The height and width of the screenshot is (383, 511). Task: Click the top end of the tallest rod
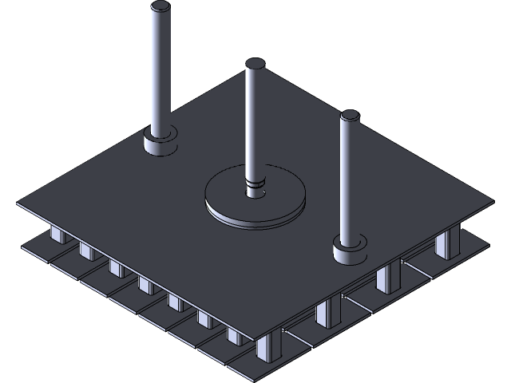160,8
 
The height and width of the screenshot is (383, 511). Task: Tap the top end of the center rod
255,64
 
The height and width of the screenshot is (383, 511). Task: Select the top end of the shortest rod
350,116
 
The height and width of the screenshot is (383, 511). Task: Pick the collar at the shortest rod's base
350,253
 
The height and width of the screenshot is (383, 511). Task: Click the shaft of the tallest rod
160,72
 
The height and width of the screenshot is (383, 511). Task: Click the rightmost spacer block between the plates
449,241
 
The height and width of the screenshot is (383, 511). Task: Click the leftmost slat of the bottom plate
36,247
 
